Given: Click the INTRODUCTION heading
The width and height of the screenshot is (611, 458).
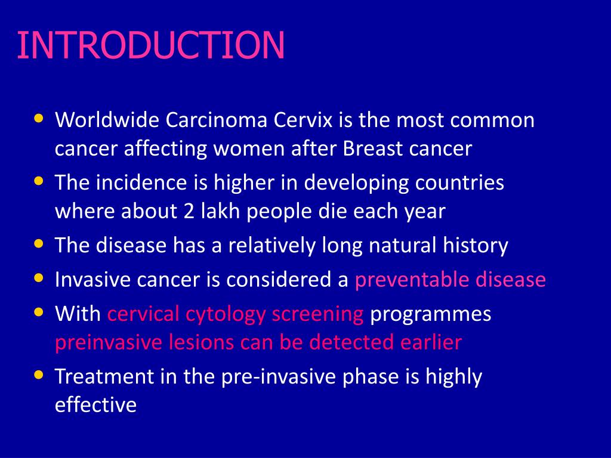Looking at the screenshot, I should (150, 46).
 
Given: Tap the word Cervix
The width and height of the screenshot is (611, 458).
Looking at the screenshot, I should (304, 120).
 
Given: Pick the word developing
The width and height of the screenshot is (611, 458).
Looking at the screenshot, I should (347, 182).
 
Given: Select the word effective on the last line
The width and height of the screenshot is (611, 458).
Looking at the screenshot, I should (95, 406).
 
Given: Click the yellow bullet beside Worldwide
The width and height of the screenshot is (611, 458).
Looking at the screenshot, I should (39, 118).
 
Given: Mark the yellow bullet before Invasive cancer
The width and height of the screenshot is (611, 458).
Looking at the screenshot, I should (39, 277).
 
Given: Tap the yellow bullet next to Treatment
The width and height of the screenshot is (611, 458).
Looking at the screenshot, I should (39, 375).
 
